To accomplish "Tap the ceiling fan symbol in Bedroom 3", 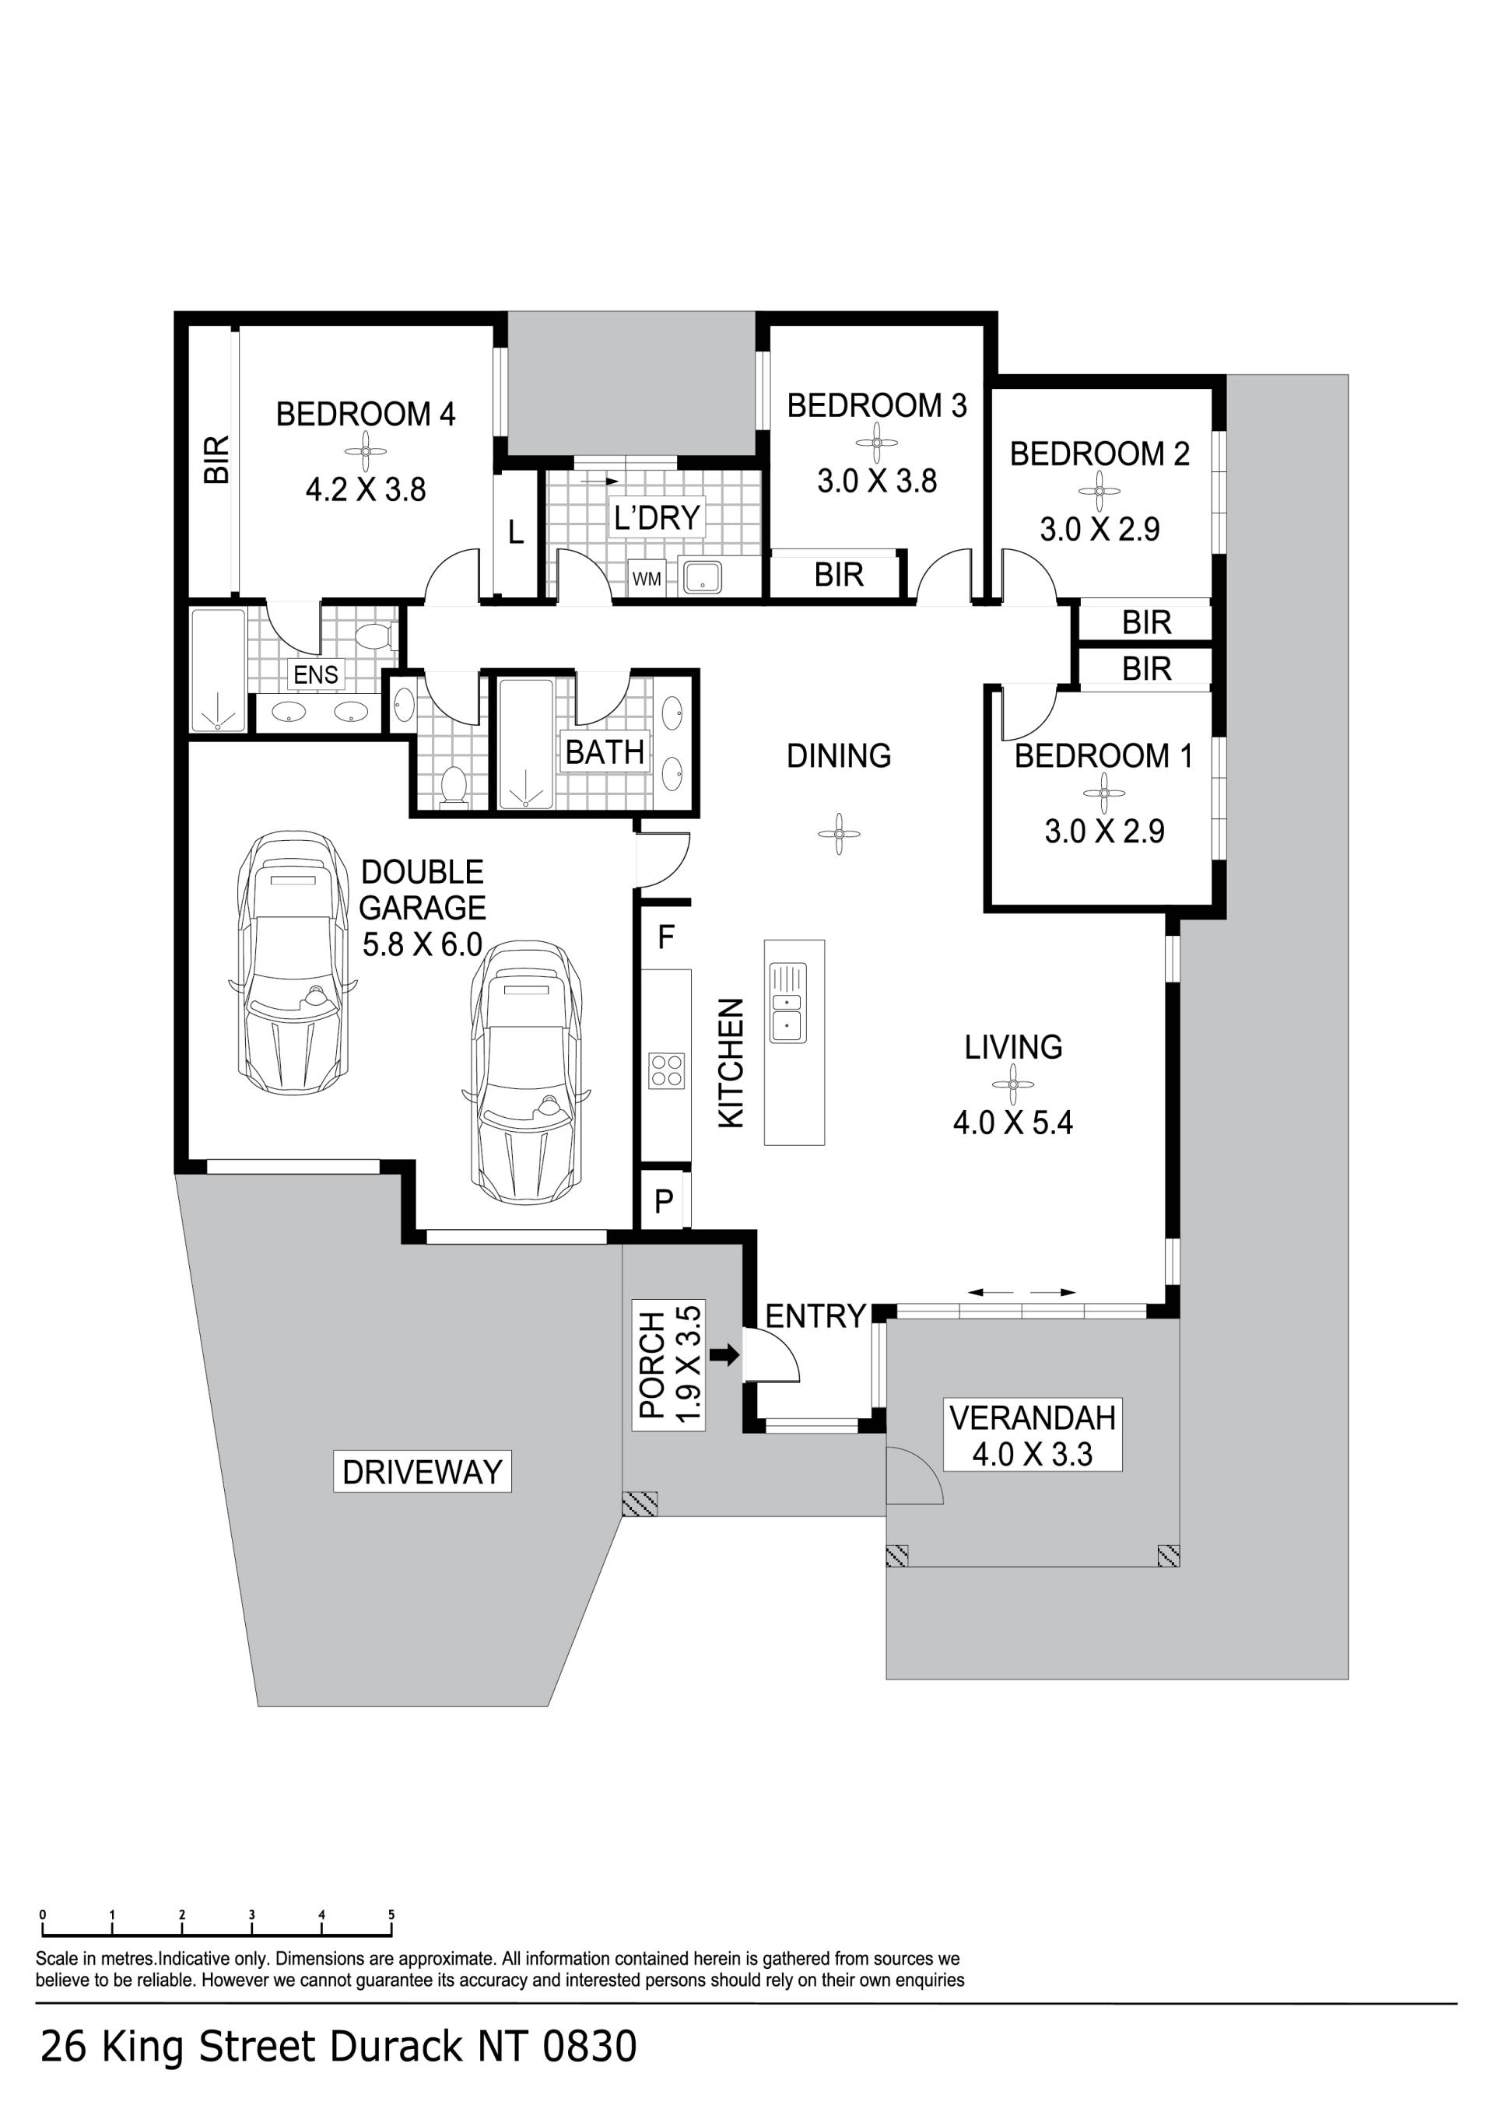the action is click(x=877, y=443).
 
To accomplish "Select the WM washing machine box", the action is click(x=647, y=579).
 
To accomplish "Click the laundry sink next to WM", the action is click(x=702, y=576).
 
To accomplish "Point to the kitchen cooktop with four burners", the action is click(x=667, y=1070).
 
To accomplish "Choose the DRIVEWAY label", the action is click(x=421, y=1472).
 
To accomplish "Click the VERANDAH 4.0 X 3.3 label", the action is click(x=1033, y=1435).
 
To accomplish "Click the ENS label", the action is click(x=316, y=674).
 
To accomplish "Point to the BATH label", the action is click(x=605, y=751).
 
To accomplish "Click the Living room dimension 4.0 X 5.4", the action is click(x=1013, y=1123).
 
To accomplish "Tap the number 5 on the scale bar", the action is click(x=391, y=1915).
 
